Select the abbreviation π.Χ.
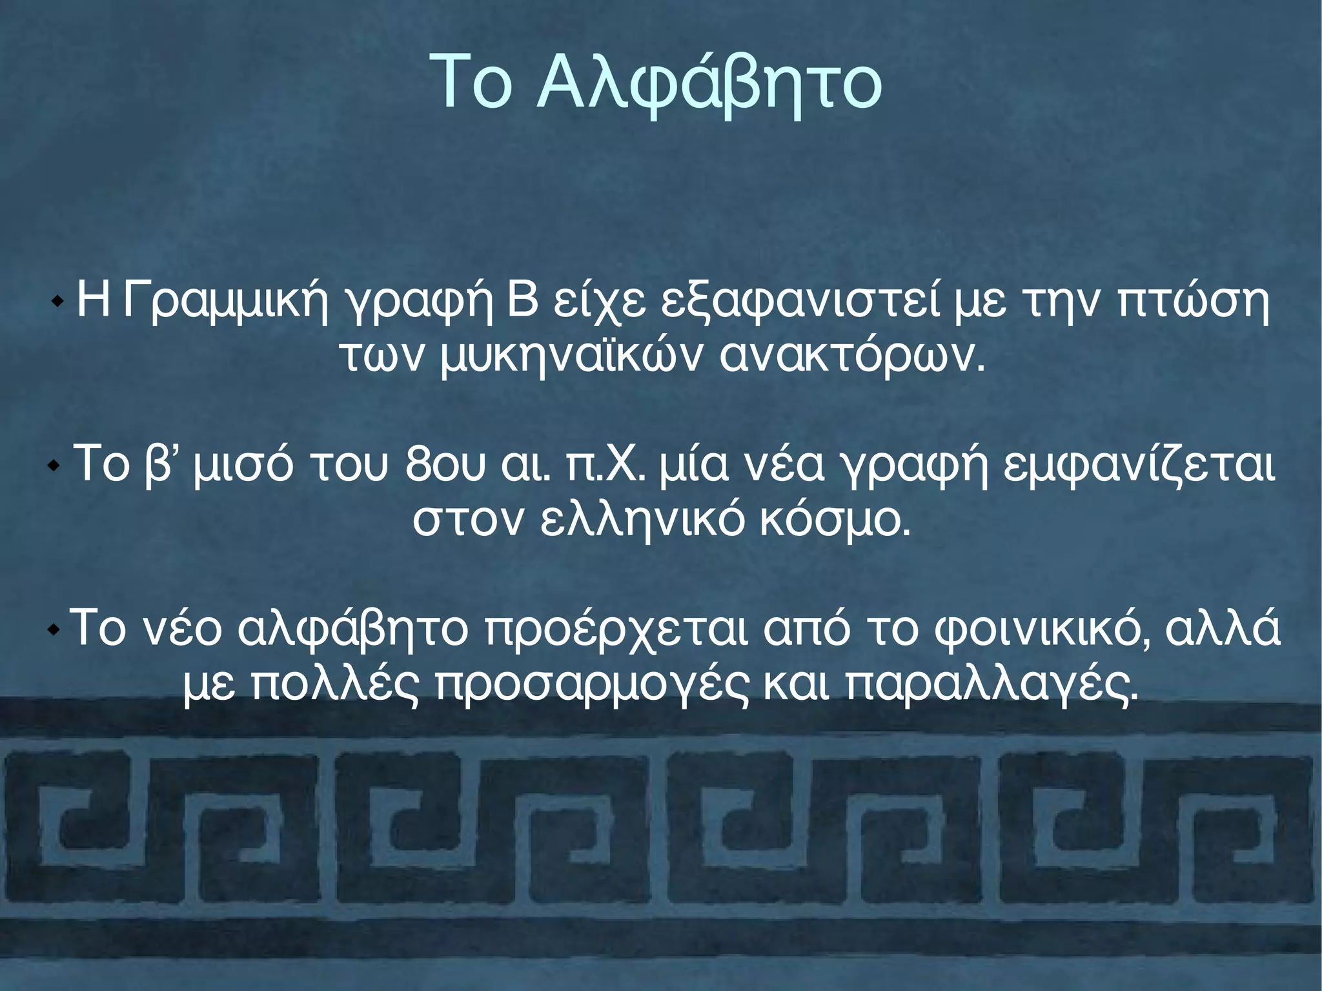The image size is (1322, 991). click(x=604, y=464)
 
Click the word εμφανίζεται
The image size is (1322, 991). click(x=1139, y=464)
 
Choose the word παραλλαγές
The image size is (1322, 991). click(x=991, y=684)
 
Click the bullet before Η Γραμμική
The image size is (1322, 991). click(x=57, y=301)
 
